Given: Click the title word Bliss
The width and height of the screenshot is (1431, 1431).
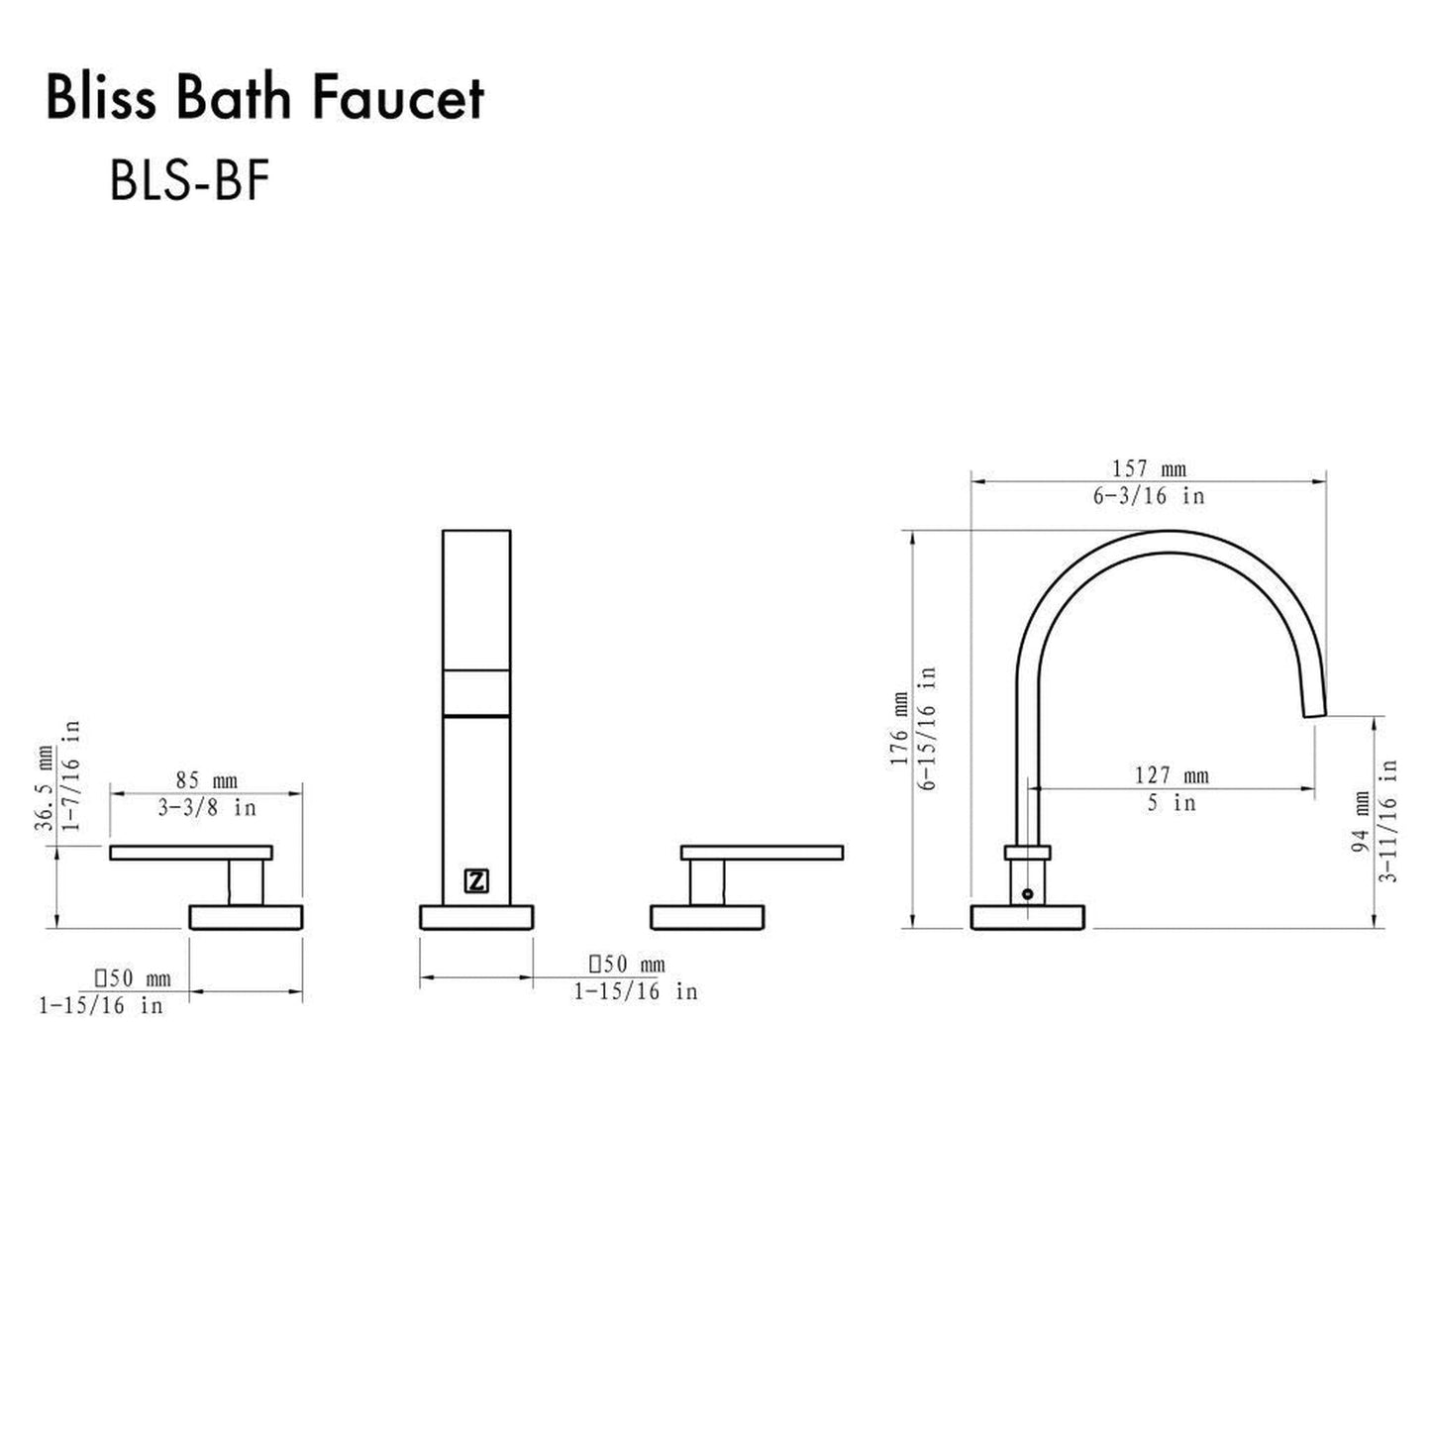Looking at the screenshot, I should [x=99, y=101].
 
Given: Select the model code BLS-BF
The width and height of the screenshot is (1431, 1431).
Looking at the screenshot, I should [x=189, y=181].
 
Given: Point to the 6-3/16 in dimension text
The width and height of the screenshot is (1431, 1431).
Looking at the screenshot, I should [x=1149, y=496].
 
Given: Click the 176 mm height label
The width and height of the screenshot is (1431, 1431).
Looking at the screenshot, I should [x=899, y=729].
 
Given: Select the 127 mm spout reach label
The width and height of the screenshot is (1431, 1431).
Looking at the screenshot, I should [x=1172, y=775].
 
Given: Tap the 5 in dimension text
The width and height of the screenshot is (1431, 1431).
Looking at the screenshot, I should [x=1172, y=803].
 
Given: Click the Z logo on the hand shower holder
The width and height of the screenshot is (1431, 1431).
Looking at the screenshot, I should [x=476, y=880].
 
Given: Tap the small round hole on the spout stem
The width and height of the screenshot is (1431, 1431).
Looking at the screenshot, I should [x=1027, y=893].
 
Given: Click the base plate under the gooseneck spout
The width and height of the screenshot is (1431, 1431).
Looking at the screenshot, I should [x=1030, y=918].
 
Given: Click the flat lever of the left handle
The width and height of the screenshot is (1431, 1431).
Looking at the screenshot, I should [x=190, y=852].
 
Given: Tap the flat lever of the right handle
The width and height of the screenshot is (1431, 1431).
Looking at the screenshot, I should [x=762, y=852].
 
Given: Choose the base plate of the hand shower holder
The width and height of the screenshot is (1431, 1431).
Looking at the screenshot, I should [x=476, y=918].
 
